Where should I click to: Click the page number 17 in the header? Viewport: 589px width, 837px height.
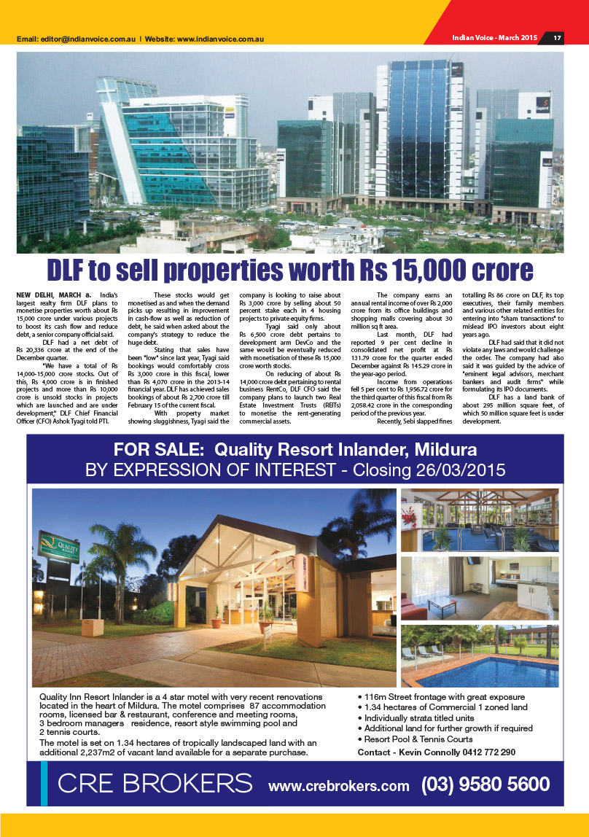556,38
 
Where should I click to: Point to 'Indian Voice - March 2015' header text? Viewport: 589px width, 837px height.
494,38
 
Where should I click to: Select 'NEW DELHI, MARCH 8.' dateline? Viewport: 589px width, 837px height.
54,294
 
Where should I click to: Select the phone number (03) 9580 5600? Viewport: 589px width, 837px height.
485,784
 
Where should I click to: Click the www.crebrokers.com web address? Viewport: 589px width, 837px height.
339,785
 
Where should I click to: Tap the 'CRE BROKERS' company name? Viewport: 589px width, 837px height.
155,784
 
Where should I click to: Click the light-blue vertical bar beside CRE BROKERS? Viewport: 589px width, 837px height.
44,783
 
